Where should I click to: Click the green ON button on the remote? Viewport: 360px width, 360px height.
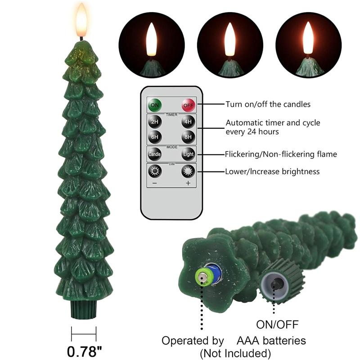coord(154,105)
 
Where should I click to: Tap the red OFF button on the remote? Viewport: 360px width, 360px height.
coord(188,105)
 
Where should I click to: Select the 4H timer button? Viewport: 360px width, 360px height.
coord(188,122)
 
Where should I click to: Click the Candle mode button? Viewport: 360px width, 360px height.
coord(154,154)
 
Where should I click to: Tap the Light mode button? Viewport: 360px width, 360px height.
coord(188,154)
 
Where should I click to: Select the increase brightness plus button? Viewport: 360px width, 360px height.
coord(188,172)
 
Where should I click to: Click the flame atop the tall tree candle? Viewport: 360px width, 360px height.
coord(81,20)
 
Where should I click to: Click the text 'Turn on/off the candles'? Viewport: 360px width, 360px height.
coord(268,104)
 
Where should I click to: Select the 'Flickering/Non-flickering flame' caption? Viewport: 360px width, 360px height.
coord(281,154)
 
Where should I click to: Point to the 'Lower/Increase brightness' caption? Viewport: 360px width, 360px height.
coord(272,171)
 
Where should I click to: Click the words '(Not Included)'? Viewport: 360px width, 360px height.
coord(234,352)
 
